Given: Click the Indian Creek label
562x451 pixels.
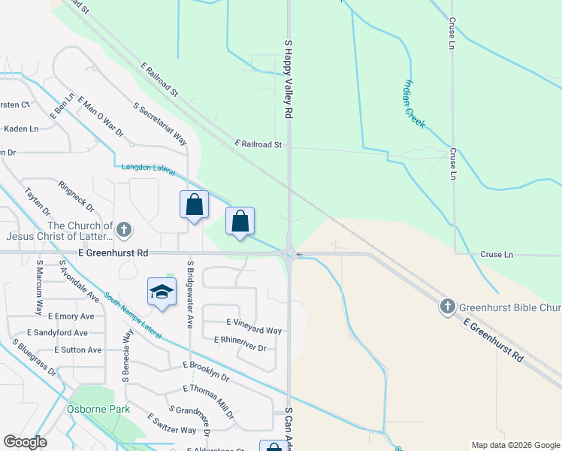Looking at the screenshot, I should (x=415, y=104).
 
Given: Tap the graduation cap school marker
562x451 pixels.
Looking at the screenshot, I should (x=162, y=292).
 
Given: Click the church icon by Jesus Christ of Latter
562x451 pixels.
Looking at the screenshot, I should (x=125, y=229).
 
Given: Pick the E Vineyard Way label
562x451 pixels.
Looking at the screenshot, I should (x=254, y=331).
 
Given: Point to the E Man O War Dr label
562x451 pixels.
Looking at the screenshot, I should (x=99, y=118).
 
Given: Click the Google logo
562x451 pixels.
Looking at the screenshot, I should (x=26, y=442).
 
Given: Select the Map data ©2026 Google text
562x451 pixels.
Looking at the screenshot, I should (x=515, y=445).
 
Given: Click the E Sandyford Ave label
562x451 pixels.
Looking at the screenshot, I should (x=57, y=332).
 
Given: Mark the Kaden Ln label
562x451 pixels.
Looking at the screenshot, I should (x=21, y=129).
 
